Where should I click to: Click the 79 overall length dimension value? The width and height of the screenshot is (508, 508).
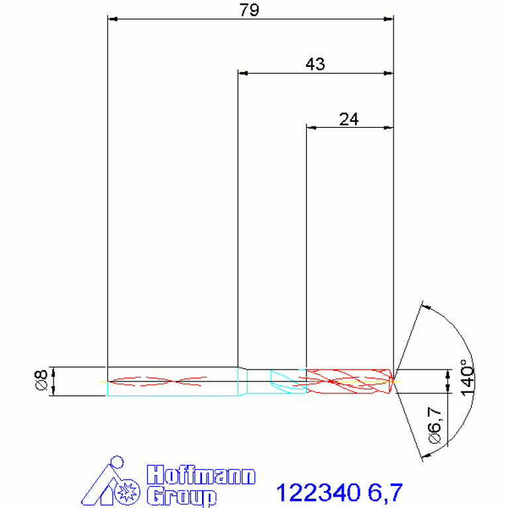pos(249,10)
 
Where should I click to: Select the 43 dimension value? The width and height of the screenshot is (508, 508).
pos(315,64)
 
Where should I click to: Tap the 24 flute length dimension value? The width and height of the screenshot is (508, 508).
pos(349,119)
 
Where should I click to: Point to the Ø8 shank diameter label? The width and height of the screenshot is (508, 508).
pos(42,380)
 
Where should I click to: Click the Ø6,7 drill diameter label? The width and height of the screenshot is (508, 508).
pos(434,425)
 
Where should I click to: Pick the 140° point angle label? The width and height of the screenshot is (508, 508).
pos(468,378)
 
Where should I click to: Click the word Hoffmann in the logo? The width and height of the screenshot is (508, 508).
pos(201,475)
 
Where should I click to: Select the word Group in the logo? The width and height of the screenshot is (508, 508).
pos(181,496)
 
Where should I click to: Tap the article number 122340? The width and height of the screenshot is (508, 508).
pos(318,493)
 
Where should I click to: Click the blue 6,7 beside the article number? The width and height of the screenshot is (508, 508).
pos(385,493)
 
